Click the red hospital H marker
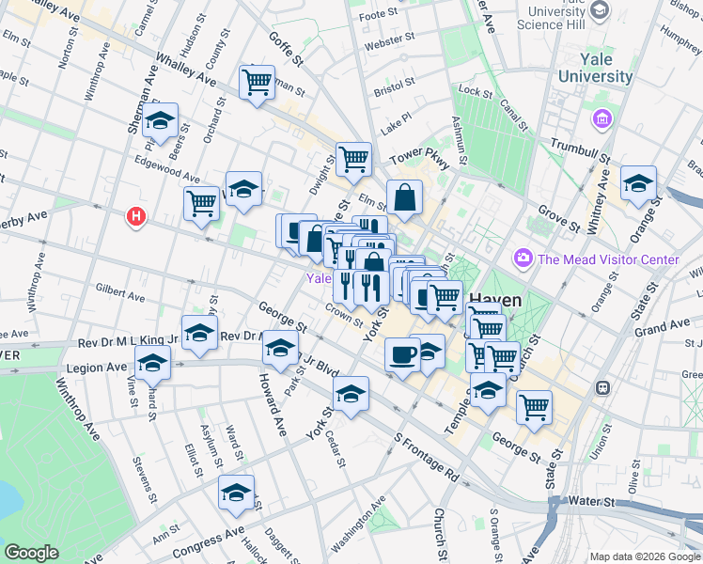click(x=137, y=217)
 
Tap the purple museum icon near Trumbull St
click(x=601, y=119)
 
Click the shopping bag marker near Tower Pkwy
click(x=404, y=198)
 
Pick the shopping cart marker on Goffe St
click(x=257, y=83)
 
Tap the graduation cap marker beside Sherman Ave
click(x=162, y=122)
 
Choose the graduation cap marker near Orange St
click(x=638, y=185)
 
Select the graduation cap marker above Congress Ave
click(x=236, y=493)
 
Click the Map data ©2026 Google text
click(x=645, y=556)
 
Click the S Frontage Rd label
click(x=426, y=458)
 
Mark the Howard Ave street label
click(x=269, y=405)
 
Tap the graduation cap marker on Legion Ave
click(x=152, y=362)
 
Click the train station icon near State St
click(x=602, y=387)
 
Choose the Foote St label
click(x=380, y=15)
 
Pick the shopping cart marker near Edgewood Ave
click(x=201, y=203)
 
